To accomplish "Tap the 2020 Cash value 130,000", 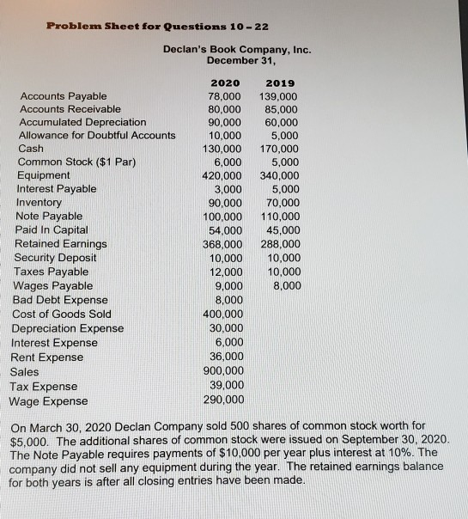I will coord(224,149).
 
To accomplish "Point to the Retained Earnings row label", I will coord(61,244).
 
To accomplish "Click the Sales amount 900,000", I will coord(224,371).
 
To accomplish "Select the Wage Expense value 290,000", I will coord(224,400).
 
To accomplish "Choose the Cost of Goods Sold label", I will coord(63,314).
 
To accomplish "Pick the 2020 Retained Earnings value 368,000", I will coord(224,244).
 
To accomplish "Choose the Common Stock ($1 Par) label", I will coord(70,162).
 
